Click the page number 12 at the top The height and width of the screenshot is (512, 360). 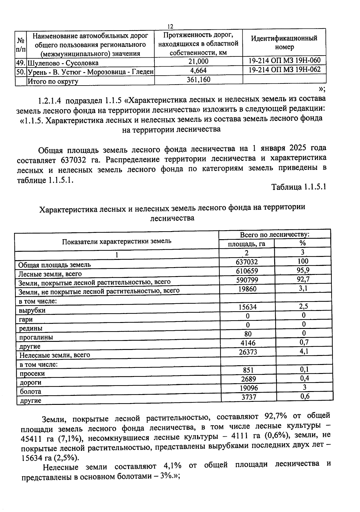[170, 26]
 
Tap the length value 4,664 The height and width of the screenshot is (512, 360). [198, 71]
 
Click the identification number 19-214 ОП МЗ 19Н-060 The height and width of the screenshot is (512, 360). [284, 61]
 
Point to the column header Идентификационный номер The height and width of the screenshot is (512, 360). [284, 43]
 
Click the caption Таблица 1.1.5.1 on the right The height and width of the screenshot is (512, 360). [298, 187]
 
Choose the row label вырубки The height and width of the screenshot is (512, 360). [32, 310]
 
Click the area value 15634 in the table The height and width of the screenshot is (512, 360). [247, 307]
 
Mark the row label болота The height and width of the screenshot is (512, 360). [30, 391]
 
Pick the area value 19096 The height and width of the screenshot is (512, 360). [248, 388]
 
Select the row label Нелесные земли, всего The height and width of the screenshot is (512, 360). [55, 355]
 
